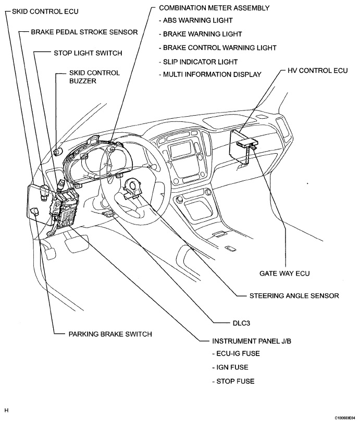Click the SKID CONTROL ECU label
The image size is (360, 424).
[45, 11]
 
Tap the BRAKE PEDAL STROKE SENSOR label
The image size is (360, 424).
[84, 32]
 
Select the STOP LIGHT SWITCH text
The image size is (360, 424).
[88, 53]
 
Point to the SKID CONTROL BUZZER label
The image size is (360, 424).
[94, 77]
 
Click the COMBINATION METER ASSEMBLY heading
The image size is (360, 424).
[214, 8]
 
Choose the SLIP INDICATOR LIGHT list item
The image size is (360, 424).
[198, 62]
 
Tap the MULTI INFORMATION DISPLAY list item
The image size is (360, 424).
[210, 74]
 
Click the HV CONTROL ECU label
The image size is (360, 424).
[317, 70]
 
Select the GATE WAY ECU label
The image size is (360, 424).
[284, 273]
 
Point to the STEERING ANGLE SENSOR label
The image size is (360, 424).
[294, 296]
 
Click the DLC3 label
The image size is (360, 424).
[241, 323]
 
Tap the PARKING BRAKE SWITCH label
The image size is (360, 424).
[110, 334]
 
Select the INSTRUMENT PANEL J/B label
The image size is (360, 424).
[252, 341]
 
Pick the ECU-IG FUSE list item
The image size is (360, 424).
[236, 354]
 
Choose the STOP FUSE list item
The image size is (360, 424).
[233, 381]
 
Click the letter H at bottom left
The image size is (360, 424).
[6, 410]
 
